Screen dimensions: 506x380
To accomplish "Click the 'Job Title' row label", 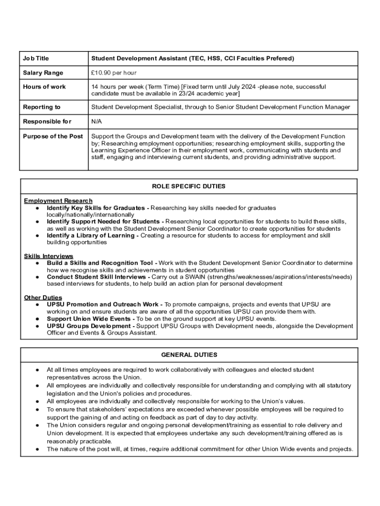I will pos(36,58).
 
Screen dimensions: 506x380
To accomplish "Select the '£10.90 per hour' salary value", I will pos(114,73).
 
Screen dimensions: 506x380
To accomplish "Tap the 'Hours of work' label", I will pos(44,87).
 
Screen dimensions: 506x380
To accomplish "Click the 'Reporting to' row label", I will pos(42,107).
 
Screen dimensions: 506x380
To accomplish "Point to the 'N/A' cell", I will pos(97,122).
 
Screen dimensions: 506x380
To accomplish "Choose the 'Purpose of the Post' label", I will pos(53,136).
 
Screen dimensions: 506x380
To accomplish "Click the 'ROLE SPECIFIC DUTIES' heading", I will pos(189,186).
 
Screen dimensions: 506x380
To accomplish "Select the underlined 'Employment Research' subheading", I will pos(58,201).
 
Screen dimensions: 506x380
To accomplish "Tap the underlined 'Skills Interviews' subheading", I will pos(48,256).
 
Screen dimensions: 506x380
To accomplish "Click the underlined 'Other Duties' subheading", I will pos(43,297).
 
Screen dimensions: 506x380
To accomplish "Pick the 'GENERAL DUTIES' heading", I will pos(189,355).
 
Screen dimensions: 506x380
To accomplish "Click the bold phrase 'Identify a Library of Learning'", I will pos(92,236).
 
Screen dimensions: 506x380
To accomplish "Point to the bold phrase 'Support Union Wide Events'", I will pos(87,319).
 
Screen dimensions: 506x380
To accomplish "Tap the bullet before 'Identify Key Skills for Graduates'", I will pos(37,208).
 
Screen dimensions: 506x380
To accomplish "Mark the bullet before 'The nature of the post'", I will pos(37,449).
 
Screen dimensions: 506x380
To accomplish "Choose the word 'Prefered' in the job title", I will pos(279,58).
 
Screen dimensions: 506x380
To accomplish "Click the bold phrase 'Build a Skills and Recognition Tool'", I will pos(100,263).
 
